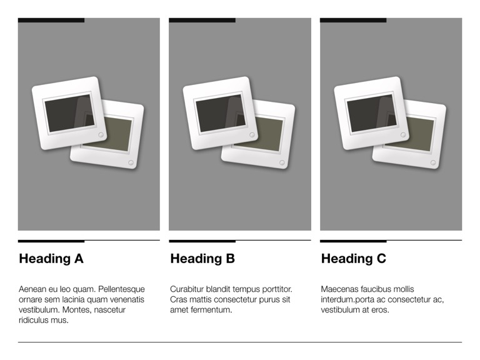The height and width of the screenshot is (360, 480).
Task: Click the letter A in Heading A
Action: (x=79, y=259)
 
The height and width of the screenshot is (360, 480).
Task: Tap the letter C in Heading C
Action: (x=381, y=259)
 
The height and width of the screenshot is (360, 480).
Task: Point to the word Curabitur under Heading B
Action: (x=187, y=289)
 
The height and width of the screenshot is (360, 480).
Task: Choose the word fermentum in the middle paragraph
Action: (x=211, y=310)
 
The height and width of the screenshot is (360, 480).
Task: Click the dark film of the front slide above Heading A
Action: (x=69, y=113)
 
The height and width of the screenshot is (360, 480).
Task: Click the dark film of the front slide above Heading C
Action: (x=372, y=113)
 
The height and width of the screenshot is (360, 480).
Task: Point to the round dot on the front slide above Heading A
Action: (x=101, y=135)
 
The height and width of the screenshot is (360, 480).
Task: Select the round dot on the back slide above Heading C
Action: (x=433, y=162)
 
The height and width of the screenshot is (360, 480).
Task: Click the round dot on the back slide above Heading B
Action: (x=282, y=162)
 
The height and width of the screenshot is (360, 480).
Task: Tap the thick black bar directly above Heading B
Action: (x=202, y=241)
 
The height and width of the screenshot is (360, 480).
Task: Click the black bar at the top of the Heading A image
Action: (x=51, y=20)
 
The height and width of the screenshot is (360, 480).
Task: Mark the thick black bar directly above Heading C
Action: (x=353, y=241)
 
